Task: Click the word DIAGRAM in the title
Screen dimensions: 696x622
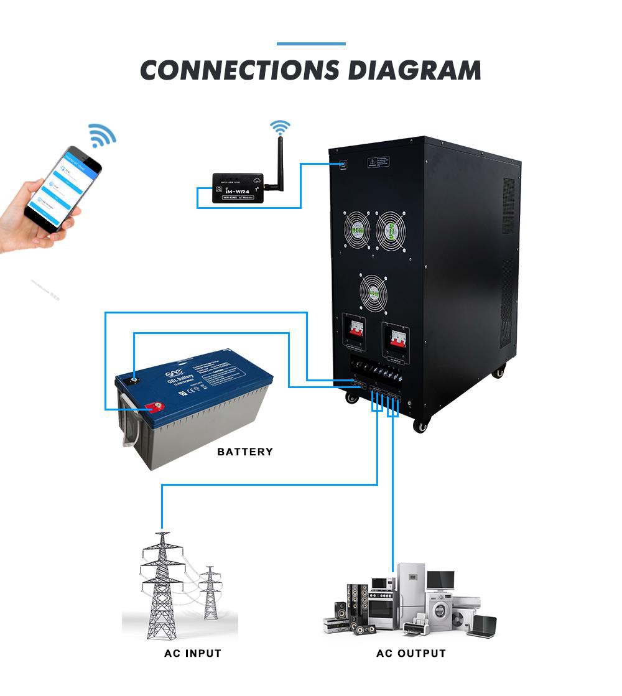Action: pyautogui.click(x=414, y=70)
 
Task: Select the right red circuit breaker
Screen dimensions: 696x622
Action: pyautogui.click(x=396, y=336)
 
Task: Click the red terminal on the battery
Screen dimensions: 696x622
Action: pyautogui.click(x=152, y=408)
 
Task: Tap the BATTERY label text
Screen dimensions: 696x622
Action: pyautogui.click(x=245, y=452)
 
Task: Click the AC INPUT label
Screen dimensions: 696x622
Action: pyautogui.click(x=192, y=653)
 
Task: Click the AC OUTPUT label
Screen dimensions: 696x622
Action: pyautogui.click(x=411, y=653)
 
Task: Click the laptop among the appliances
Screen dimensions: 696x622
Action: pyautogui.click(x=481, y=625)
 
